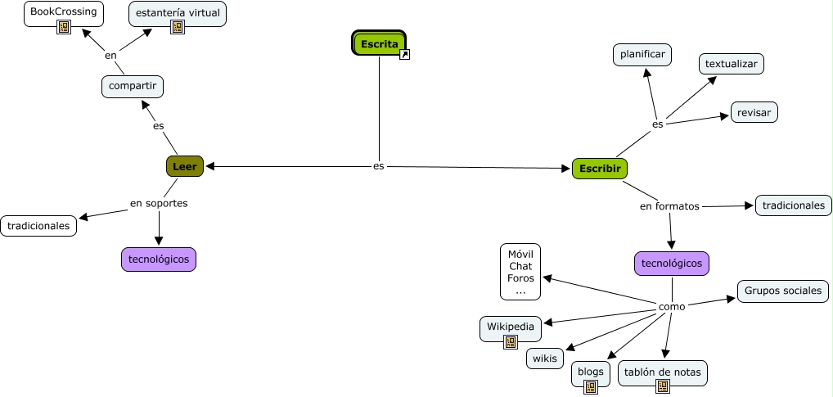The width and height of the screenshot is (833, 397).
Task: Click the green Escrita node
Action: click(x=379, y=43)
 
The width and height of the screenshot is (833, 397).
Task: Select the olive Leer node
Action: click(x=184, y=167)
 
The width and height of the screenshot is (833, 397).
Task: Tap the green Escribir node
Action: click(x=599, y=169)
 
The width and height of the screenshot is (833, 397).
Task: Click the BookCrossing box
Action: click(x=63, y=11)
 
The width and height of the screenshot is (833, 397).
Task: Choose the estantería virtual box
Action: click(x=178, y=12)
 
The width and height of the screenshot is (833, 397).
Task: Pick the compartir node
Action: click(x=133, y=86)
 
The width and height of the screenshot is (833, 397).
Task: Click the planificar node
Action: click(x=642, y=55)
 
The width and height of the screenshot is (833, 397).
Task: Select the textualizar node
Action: click(x=732, y=63)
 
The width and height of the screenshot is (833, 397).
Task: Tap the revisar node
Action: click(x=754, y=112)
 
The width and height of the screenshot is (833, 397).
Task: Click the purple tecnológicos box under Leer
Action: click(x=159, y=259)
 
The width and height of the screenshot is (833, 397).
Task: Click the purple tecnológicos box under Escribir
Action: click(x=672, y=264)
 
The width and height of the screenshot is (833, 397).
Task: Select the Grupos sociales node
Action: click(x=783, y=291)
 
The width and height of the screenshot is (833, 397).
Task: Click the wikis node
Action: click(x=544, y=359)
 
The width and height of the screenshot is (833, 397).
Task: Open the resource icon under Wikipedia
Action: click(x=511, y=342)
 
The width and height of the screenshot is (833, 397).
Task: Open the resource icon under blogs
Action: click(x=590, y=387)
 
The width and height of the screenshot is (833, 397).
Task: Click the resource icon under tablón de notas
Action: click(x=662, y=386)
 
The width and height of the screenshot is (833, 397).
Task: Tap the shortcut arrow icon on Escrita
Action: click(x=404, y=55)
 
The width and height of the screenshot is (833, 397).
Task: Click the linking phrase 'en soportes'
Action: click(x=159, y=203)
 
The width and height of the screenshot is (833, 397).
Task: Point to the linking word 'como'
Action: click(x=672, y=306)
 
